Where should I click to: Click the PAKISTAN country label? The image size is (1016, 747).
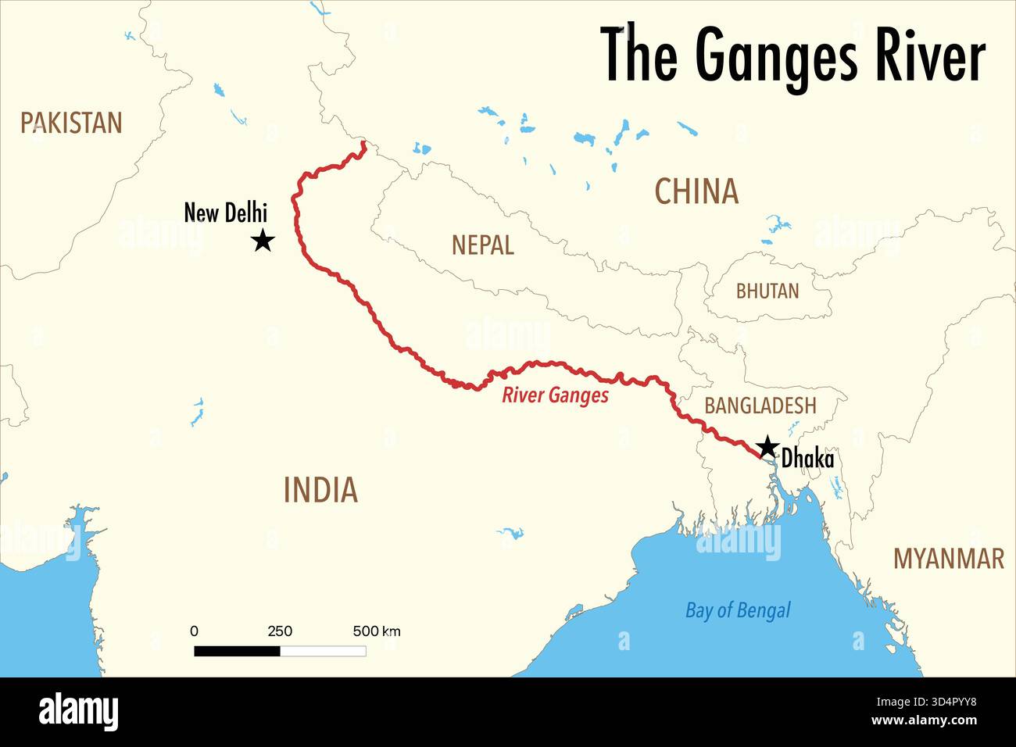pyautogui.click(x=71, y=123)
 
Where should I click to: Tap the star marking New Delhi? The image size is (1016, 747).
pyautogui.click(x=263, y=240)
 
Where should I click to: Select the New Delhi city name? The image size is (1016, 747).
pyautogui.click(x=225, y=212)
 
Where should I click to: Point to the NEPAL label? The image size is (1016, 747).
pyautogui.click(x=482, y=245)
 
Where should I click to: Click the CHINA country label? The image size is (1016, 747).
pyautogui.click(x=696, y=191)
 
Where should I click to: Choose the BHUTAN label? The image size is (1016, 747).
pyautogui.click(x=767, y=291)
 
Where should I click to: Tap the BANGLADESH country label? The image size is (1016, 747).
pyautogui.click(x=760, y=406)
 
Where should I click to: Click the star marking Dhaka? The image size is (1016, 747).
pyautogui.click(x=767, y=447)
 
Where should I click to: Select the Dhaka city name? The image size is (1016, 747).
pyautogui.click(x=807, y=459)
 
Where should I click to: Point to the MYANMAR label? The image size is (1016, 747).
pyautogui.click(x=948, y=559)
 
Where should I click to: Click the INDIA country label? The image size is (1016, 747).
pyautogui.click(x=320, y=490)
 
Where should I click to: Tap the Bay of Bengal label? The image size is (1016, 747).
pyautogui.click(x=738, y=610)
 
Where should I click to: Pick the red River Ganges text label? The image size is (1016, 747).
pyautogui.click(x=555, y=395)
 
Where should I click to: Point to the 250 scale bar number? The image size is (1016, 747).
pyautogui.click(x=280, y=631)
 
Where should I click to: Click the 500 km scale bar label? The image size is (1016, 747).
pyautogui.click(x=376, y=631)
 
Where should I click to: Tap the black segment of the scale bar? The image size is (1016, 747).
pyautogui.click(x=237, y=651)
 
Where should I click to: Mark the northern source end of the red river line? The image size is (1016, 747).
pyautogui.click(x=363, y=143)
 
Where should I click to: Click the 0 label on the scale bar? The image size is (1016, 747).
pyautogui.click(x=195, y=631)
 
